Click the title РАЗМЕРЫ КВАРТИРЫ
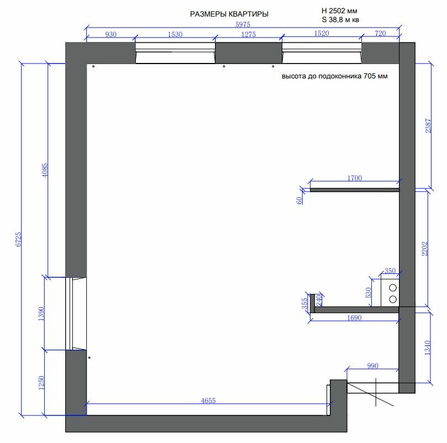(x=229, y=14)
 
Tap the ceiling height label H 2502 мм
(x=339, y=11)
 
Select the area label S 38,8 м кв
(x=340, y=20)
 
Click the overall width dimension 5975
(x=243, y=24)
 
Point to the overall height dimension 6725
(x=18, y=239)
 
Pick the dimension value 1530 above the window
(x=175, y=34)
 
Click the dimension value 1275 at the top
(x=249, y=34)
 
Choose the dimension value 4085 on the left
(x=45, y=170)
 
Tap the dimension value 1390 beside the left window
(x=41, y=314)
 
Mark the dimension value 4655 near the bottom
(x=208, y=400)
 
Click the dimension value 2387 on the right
(x=428, y=125)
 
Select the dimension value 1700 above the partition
(x=355, y=178)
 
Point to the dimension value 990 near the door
(x=372, y=366)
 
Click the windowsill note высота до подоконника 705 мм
(x=335, y=76)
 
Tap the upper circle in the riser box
(x=393, y=288)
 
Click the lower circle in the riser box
(x=393, y=299)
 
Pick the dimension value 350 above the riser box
(x=390, y=271)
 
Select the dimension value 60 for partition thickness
(x=299, y=201)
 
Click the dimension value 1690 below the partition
(x=354, y=318)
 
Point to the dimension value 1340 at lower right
(x=427, y=347)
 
